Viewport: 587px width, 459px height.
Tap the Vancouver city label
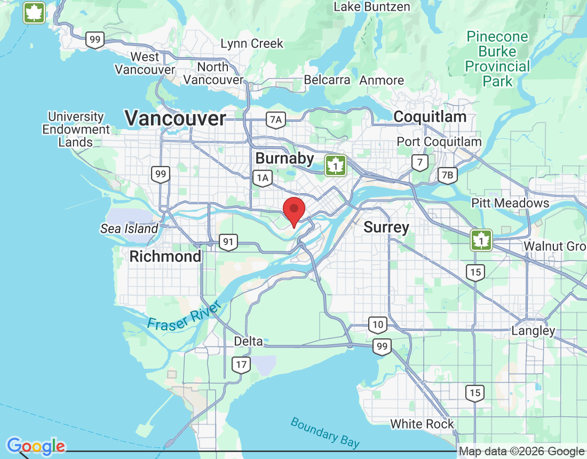[175, 118]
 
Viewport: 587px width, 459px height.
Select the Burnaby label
[284, 158]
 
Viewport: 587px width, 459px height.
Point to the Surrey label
[386, 227]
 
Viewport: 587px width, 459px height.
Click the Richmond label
[165, 256]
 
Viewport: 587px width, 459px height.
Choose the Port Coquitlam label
[439, 142]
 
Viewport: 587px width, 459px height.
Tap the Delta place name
[249, 341]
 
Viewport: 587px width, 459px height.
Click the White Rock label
[422, 424]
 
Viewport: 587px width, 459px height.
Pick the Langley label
[533, 330]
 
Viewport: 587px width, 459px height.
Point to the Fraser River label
[184, 316]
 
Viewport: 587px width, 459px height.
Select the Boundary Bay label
[324, 432]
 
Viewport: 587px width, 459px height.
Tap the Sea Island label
[129, 229]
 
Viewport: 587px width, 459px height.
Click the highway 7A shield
[275, 120]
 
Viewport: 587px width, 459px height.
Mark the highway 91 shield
[228, 242]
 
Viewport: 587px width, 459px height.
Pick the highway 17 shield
[241, 365]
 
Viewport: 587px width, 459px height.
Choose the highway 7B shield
[447, 175]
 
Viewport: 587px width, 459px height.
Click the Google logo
[36, 446]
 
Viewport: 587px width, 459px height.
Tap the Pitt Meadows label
[510, 203]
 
